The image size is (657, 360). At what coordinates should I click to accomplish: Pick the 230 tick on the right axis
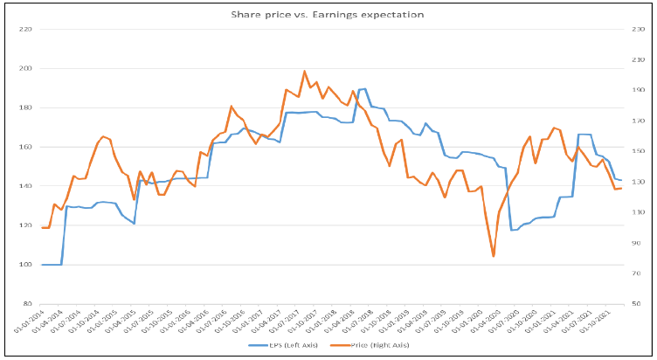(637, 30)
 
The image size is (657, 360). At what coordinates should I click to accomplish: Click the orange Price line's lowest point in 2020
(494, 256)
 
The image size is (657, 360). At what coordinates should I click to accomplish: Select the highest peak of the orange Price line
(304, 72)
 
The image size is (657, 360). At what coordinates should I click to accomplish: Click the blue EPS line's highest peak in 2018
(364, 89)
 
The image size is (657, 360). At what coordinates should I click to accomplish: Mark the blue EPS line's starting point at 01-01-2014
(42, 265)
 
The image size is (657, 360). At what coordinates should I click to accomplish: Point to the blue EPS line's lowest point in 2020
(512, 230)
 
